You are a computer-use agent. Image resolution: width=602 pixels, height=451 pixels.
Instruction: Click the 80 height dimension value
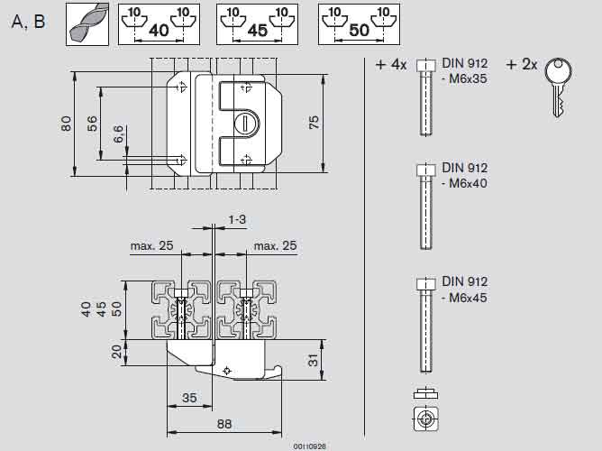66,122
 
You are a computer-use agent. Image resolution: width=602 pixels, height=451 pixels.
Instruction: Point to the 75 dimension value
315,122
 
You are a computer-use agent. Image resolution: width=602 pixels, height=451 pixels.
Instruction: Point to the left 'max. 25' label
151,245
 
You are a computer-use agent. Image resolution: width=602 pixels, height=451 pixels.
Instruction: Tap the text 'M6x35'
468,79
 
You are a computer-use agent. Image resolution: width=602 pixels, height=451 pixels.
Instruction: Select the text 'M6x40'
468,183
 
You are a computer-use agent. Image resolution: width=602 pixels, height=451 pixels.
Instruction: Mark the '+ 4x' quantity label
391,65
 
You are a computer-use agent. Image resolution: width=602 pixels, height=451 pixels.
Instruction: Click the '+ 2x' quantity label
522,65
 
